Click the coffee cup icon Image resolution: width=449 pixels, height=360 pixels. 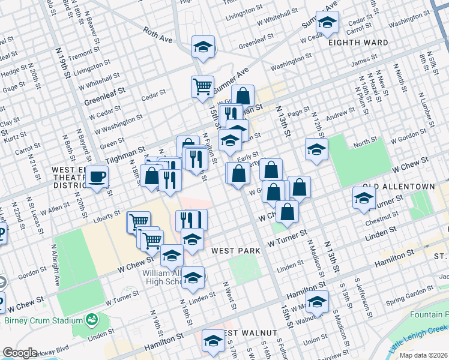point(97,177)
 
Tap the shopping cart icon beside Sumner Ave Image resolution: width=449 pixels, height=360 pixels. point(202,86)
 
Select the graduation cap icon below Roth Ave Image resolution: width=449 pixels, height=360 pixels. point(203,47)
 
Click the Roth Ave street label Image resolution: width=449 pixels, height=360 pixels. point(158,36)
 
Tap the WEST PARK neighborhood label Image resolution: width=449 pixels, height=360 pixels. point(236,250)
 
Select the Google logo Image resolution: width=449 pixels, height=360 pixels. point(19,353)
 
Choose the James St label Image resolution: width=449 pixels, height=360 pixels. point(364,61)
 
